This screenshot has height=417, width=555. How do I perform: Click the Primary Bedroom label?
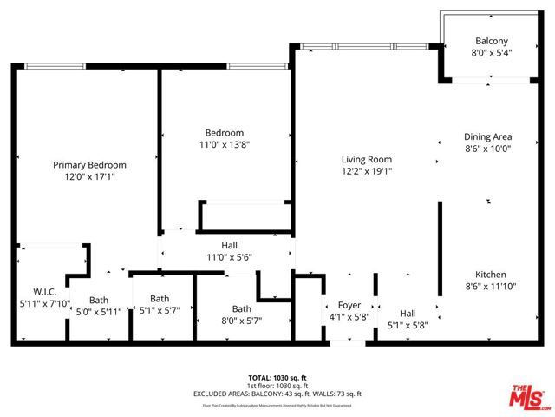(x=89, y=165)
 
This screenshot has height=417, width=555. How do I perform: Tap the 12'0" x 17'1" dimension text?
(x=89, y=176)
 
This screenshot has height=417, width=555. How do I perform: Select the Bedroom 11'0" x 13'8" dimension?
(x=225, y=144)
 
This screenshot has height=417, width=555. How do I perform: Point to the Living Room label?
(x=366, y=160)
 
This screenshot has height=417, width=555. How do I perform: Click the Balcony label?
(x=491, y=41)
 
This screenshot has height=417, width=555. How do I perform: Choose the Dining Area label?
(x=487, y=136)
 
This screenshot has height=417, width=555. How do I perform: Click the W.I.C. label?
(x=44, y=291)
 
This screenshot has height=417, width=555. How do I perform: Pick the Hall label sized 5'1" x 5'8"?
(x=407, y=314)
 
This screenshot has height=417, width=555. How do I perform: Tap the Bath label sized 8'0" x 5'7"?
(x=241, y=308)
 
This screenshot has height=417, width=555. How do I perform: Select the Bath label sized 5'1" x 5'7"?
(x=160, y=298)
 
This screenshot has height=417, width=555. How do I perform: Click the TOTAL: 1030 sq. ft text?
(x=277, y=377)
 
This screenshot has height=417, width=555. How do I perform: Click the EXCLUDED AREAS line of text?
(x=277, y=394)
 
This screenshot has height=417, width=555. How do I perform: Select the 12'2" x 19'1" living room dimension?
(x=366, y=171)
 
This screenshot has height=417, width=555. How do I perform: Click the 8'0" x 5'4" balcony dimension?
(x=491, y=53)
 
